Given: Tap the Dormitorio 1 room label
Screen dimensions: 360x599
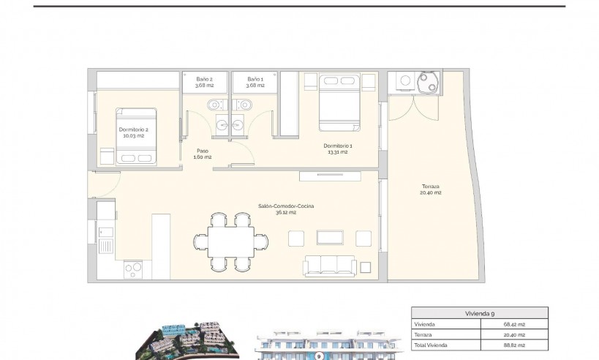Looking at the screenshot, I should (338, 148).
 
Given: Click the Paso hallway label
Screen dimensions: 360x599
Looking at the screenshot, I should (203, 154).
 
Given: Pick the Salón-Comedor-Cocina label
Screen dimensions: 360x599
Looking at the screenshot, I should (285, 209).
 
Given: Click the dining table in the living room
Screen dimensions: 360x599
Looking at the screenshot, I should (233, 241).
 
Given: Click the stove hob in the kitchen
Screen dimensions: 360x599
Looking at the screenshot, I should (134, 269).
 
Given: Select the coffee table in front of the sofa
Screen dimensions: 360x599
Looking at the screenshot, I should (331, 237).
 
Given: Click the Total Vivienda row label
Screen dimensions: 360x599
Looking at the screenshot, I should (431, 344).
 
